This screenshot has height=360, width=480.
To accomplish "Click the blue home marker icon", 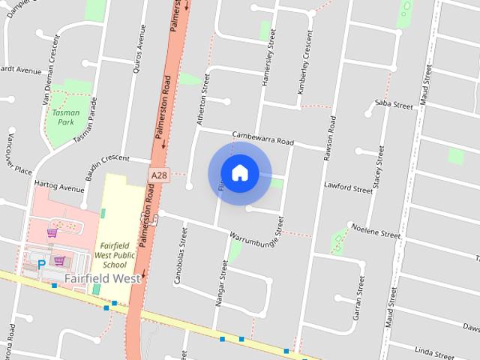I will (239, 173).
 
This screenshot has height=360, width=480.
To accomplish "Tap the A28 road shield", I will (157, 175).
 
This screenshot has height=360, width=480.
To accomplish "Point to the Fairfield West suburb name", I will (103, 278).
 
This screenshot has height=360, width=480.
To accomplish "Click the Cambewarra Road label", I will (262, 137).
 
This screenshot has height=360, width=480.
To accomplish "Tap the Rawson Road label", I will (328, 139).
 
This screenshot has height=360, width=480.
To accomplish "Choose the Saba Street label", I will (394, 104).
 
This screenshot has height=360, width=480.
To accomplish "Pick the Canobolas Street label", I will (182, 247).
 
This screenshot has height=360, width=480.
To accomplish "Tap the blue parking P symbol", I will (41, 265).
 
